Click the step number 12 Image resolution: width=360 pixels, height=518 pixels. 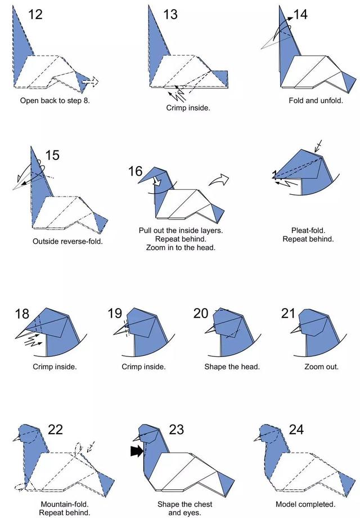coord(35,15)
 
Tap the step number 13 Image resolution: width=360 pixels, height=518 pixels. coord(170,15)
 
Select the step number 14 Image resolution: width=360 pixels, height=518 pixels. coord(300,15)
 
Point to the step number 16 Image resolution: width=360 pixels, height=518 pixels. coord(136,172)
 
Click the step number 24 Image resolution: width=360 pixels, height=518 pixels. coord(296,430)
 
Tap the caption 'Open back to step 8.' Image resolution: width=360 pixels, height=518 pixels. coord(55,100)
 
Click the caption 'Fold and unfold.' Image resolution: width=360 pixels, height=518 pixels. coord(316,100)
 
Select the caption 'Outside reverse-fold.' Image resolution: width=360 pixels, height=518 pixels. coord(67,242)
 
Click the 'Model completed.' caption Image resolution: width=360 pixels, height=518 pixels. coord(305,504)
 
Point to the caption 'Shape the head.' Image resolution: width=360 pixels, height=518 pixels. coord(232,367)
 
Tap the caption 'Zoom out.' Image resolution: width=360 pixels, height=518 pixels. coord(321,367)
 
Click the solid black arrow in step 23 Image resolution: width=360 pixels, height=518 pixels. coord(137,451)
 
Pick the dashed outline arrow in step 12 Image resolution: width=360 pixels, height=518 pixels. coord(91,81)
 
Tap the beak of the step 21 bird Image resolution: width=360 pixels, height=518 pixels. coord(296,329)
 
